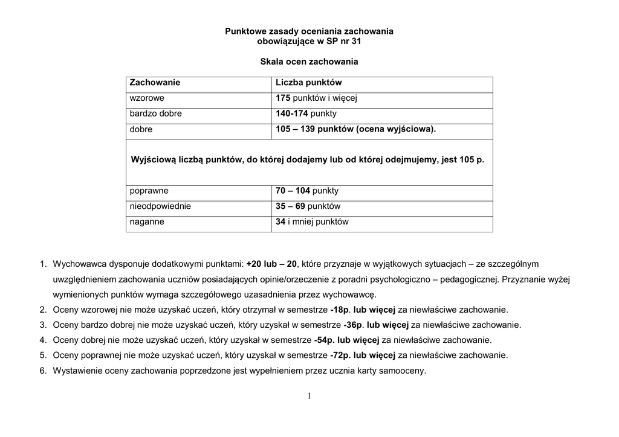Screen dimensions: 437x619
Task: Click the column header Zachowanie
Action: point(155,82)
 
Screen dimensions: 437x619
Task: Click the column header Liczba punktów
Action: point(309,82)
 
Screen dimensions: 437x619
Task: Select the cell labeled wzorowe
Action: point(147,98)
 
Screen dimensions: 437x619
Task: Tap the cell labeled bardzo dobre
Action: point(155,113)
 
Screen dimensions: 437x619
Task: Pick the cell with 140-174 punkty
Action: point(306,113)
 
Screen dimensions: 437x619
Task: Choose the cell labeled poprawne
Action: point(149,191)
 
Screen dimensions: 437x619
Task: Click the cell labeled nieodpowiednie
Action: point(160,206)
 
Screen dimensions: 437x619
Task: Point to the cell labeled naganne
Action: point(147,222)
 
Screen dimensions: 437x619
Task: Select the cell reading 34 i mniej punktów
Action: point(312,222)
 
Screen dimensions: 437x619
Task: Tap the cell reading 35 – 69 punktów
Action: point(308,206)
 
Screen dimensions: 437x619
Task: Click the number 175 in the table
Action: point(284,98)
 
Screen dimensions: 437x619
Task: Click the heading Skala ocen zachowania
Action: point(309,62)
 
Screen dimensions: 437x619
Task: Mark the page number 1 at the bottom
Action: point(309,396)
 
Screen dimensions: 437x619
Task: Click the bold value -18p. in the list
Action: point(340,310)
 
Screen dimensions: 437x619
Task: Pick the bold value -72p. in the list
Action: point(340,355)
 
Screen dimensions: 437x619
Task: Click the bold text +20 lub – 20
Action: point(272,264)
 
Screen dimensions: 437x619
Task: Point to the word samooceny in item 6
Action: point(406,371)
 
